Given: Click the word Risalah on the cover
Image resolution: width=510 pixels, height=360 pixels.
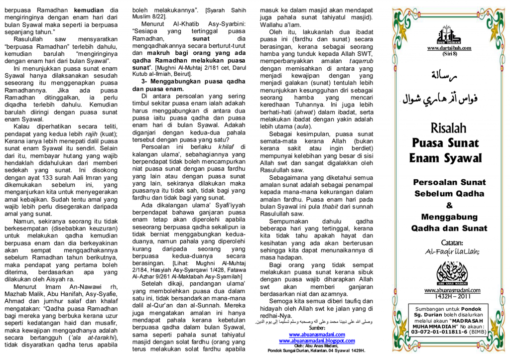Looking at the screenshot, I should (x=449, y=128).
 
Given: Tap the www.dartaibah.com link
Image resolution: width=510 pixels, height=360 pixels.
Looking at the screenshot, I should (x=449, y=48).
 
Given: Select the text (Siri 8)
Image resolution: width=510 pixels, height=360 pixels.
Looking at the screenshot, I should (x=449, y=53).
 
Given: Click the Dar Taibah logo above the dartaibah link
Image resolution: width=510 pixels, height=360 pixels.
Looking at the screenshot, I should (x=449, y=35).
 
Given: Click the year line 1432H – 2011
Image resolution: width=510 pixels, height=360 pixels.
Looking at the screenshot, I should (x=449, y=296).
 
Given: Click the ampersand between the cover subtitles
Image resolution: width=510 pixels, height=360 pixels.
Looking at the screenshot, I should (x=449, y=205).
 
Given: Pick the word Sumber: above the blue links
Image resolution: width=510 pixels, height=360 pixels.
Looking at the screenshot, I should (x=317, y=328).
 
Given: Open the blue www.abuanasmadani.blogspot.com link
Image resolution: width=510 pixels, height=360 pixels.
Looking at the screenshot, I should (x=317, y=341).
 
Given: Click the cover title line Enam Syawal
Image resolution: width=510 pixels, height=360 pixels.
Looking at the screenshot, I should (x=446, y=158).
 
